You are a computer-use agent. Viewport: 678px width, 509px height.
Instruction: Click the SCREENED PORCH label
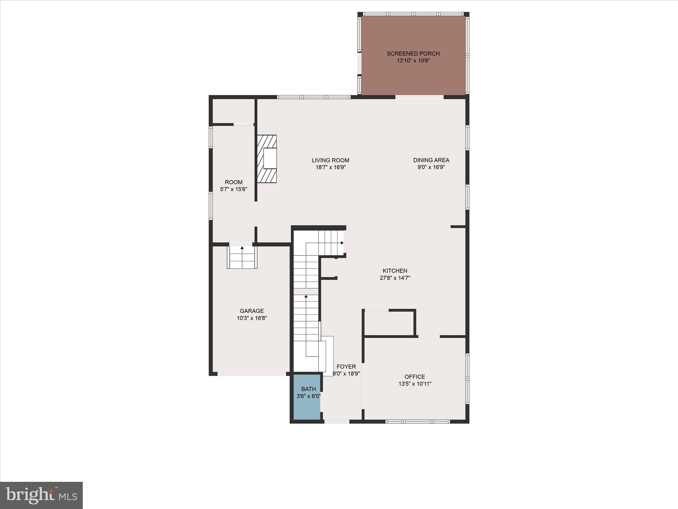(x=413, y=53)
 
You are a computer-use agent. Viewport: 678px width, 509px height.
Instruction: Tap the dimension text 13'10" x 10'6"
(x=413, y=61)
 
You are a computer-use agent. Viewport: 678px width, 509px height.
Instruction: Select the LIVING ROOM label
(x=330, y=160)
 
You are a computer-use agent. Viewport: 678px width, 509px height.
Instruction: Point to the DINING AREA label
(x=431, y=160)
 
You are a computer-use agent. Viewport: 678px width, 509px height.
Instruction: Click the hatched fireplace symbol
(x=267, y=159)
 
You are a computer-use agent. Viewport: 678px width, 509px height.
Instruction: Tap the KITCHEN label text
(x=395, y=271)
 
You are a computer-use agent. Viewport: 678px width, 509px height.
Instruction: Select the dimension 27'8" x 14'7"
(x=395, y=278)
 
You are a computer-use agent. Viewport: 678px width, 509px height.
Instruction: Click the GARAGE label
(x=252, y=311)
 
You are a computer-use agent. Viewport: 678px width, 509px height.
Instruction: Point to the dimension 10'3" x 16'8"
(x=252, y=318)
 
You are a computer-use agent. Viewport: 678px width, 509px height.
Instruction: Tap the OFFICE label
(x=414, y=377)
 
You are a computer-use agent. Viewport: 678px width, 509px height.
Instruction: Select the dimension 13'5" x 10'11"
(x=414, y=384)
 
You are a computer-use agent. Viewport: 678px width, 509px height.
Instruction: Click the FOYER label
(x=346, y=367)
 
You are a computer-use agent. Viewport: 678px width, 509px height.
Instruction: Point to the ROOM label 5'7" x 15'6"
(x=233, y=186)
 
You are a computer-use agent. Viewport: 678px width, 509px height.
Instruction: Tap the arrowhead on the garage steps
(x=242, y=248)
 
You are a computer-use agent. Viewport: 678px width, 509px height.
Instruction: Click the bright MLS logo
(x=41, y=495)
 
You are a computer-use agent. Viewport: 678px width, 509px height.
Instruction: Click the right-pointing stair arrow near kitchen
(x=342, y=243)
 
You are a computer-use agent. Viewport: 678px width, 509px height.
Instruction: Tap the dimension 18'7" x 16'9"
(x=330, y=168)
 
